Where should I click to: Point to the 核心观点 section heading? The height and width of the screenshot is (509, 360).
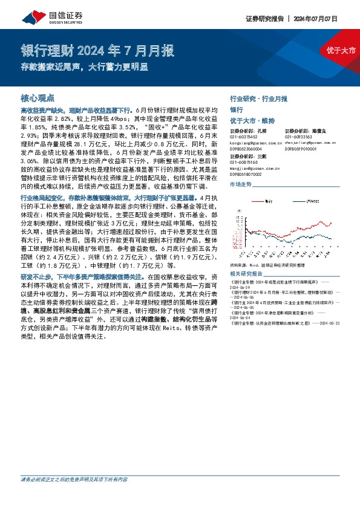pyautogui.click(x=38, y=97)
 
